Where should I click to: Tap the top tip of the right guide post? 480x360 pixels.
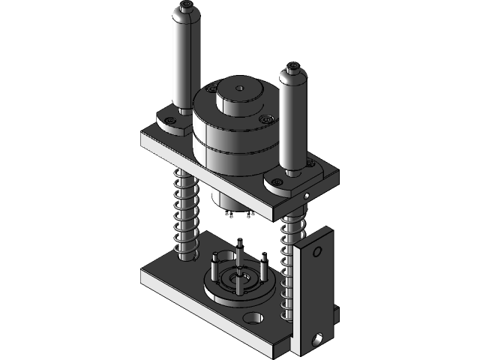(292, 69)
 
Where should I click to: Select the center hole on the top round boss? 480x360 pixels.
(239, 88)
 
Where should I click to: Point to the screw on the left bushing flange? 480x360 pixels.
(172, 119)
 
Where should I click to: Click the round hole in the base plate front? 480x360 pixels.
(255, 318)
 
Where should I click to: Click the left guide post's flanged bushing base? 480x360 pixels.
(174, 121)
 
